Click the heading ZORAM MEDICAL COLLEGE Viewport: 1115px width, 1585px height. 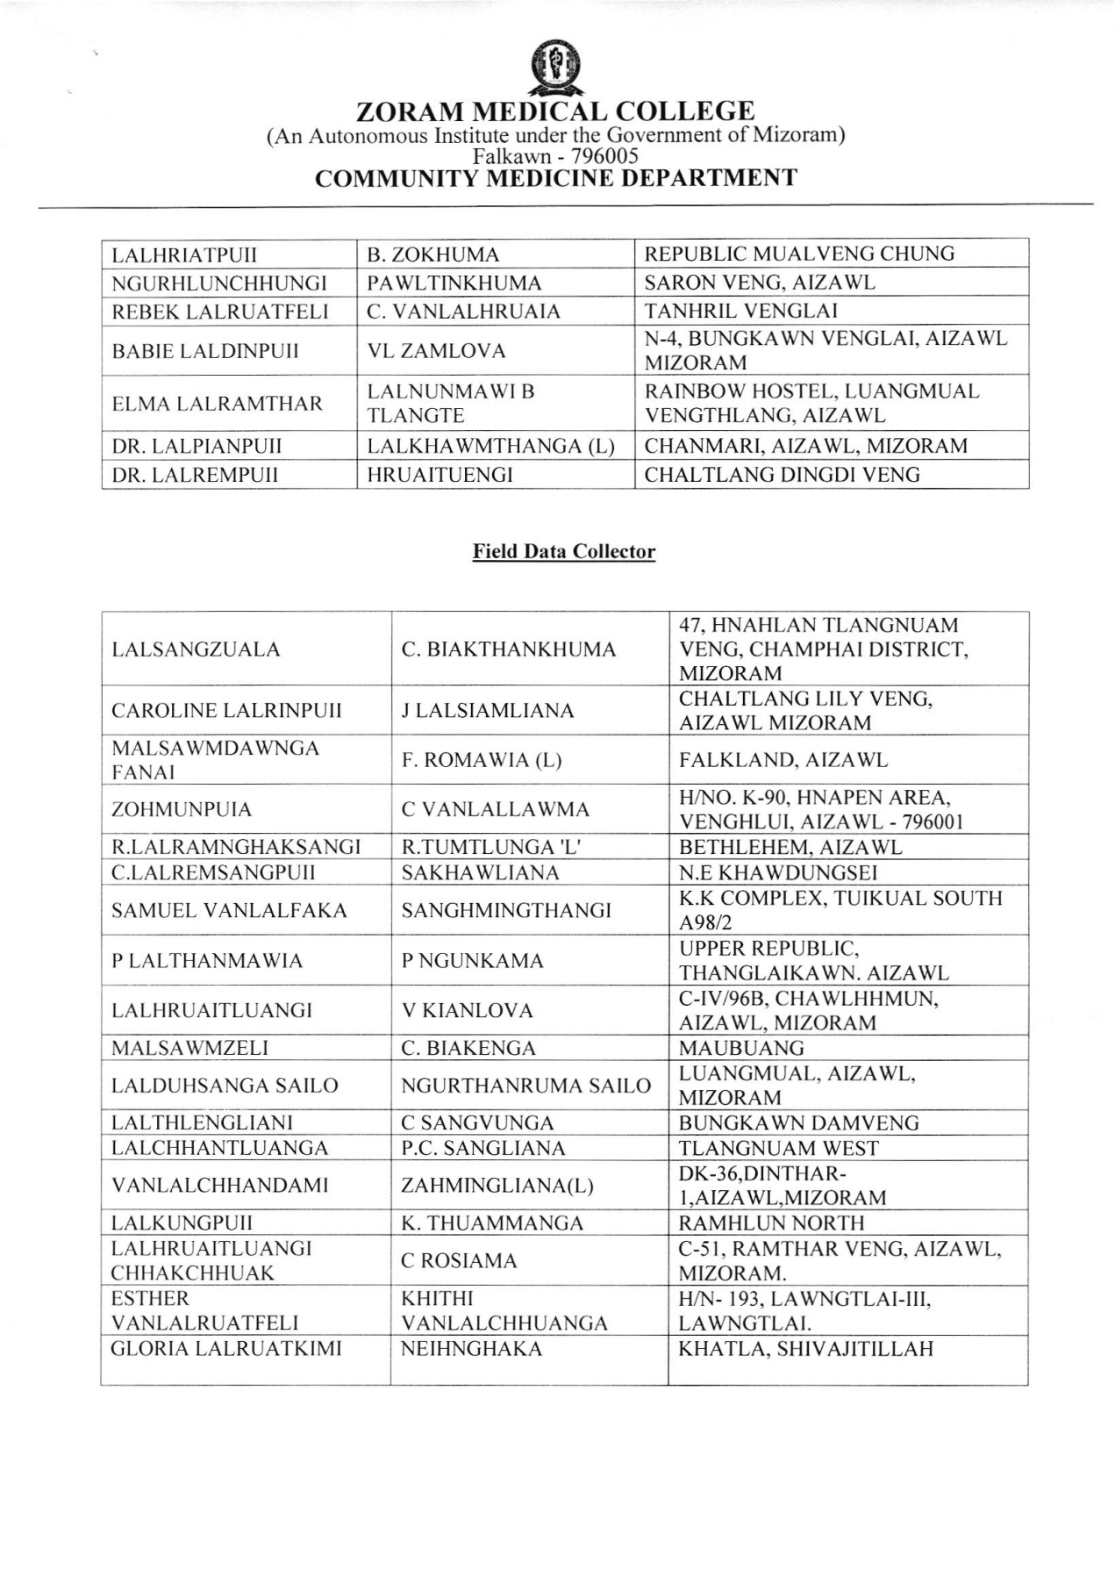click(x=555, y=111)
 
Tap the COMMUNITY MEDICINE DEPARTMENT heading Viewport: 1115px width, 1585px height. click(x=555, y=178)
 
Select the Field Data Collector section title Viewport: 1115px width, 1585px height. click(x=563, y=551)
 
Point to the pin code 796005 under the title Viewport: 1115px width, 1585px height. click(x=604, y=156)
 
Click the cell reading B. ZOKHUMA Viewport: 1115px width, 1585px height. click(x=433, y=255)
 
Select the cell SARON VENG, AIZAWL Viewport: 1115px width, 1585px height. click(x=760, y=283)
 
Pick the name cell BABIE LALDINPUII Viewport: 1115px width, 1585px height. click(x=205, y=351)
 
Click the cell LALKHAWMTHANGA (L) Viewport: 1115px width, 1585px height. click(x=490, y=446)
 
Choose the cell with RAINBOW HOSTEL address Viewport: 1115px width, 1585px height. click(x=811, y=403)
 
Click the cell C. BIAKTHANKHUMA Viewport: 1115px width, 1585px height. click(x=509, y=649)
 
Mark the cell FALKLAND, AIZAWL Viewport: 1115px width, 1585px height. click(x=783, y=760)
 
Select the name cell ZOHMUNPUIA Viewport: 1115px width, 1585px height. click(x=182, y=809)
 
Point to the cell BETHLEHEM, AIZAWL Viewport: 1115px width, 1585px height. click(x=790, y=847)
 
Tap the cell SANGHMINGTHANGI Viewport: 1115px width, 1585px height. click(x=506, y=910)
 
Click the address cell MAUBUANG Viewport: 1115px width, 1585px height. click(x=741, y=1048)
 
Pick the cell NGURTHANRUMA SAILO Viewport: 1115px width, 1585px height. click(x=525, y=1086)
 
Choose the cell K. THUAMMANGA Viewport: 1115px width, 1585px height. click(x=492, y=1223)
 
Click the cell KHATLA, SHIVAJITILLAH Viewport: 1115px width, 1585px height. click(x=806, y=1349)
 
